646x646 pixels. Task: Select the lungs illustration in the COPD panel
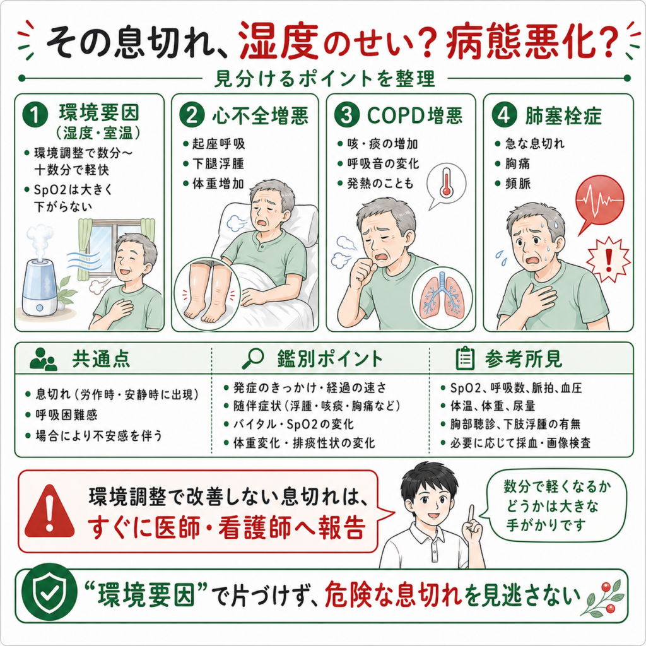pyautogui.click(x=442, y=295)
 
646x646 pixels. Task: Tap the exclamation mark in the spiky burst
pyautogui.click(x=608, y=259)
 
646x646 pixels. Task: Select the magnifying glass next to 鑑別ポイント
pyautogui.click(x=253, y=358)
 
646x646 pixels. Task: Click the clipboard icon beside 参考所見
pyautogui.click(x=465, y=358)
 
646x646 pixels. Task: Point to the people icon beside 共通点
pyautogui.click(x=44, y=359)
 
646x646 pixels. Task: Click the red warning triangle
pyautogui.click(x=49, y=512)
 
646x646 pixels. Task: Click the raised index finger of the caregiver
pyautogui.click(x=471, y=515)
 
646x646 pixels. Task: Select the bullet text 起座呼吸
pyautogui.click(x=218, y=144)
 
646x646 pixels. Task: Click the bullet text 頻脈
pyautogui.click(x=518, y=184)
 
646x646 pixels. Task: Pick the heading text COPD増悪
pyautogui.click(x=414, y=115)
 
